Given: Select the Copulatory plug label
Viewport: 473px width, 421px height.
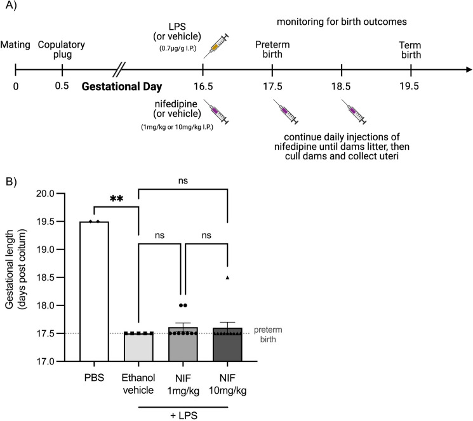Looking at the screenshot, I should tap(61, 45).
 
